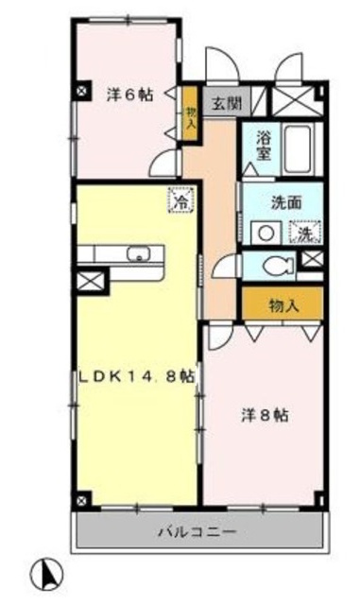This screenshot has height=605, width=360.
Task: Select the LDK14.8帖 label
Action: coord(137,375)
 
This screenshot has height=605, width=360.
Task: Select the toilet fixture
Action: coord(278,265)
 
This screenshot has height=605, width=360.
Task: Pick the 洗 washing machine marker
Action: coord(306,232)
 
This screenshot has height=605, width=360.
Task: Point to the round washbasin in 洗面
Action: coord(266,231)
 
